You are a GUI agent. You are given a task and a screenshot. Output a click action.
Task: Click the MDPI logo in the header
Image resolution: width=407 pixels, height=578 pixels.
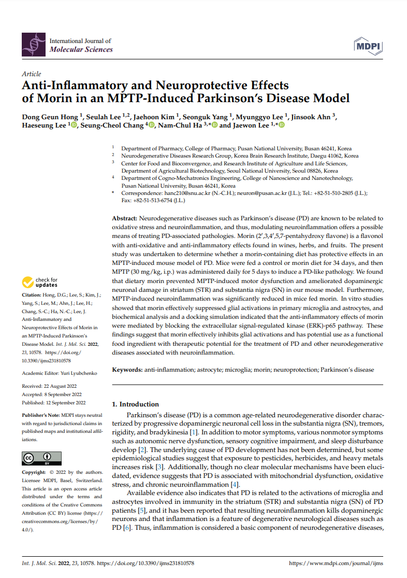368,46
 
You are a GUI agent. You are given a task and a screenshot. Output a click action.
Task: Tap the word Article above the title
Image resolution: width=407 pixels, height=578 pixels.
31,74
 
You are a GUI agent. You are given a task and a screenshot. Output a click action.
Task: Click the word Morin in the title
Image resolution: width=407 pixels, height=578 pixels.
56,97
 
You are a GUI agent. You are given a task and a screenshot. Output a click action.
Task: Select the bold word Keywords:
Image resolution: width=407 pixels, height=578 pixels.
128,370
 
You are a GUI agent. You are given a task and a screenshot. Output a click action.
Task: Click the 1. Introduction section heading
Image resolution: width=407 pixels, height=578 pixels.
136,404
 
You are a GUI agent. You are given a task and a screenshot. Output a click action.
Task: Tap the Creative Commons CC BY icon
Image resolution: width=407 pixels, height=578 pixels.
41,459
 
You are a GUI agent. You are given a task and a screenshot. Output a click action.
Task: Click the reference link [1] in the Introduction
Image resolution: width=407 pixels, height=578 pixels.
194,432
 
